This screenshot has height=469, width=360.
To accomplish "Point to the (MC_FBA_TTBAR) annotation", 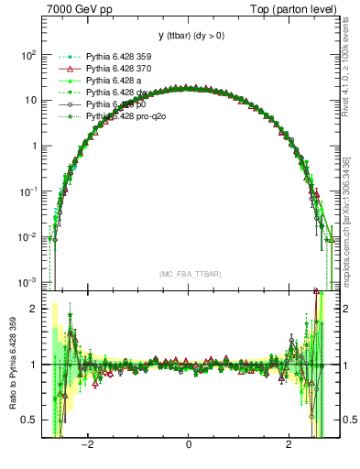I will point(188,274).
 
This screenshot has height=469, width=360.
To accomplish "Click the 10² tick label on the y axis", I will point(27,55).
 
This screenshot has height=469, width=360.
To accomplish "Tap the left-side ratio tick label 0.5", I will point(29,420).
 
